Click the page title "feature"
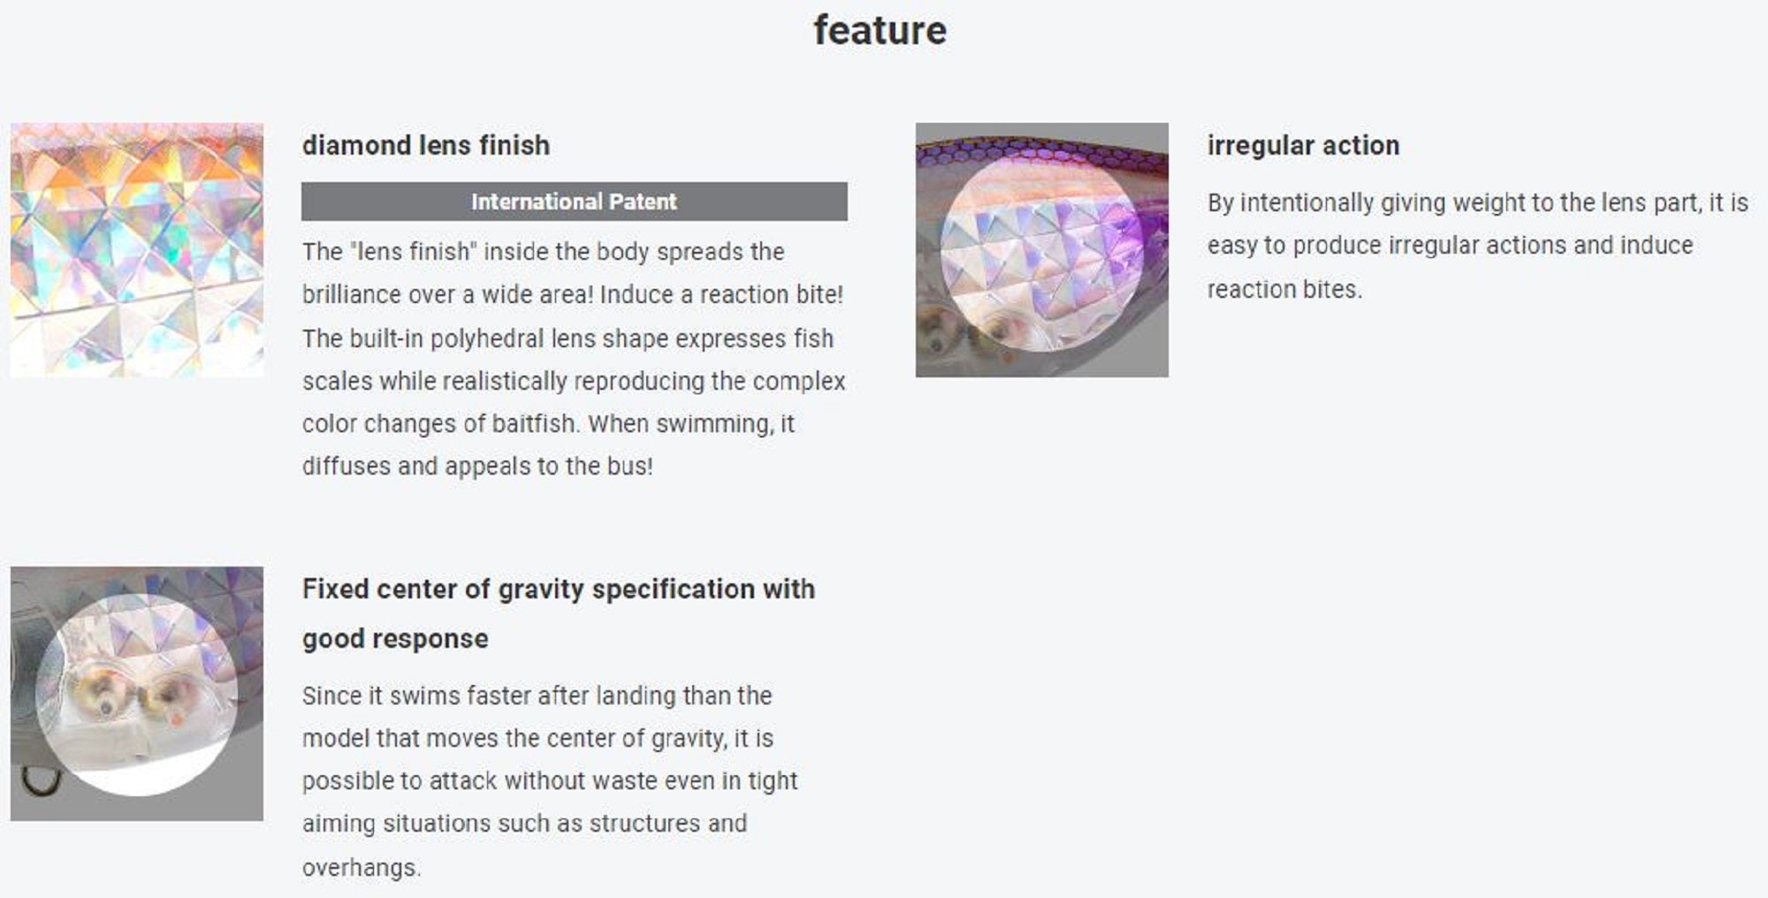point(880,30)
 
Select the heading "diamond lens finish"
point(426,145)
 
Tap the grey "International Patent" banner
point(575,202)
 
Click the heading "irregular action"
point(1303,145)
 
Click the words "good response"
point(395,639)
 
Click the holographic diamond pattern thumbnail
point(137,250)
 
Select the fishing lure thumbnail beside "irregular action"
point(1042,250)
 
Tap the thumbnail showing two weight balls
point(137,694)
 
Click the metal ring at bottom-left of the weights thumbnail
point(40,780)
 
